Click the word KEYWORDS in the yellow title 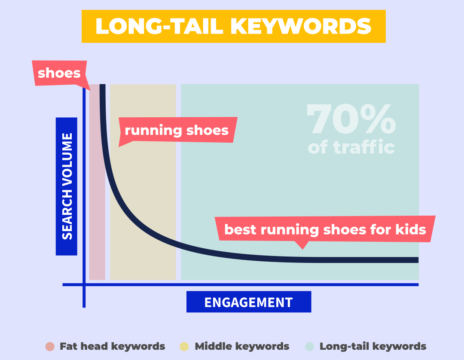point(301,27)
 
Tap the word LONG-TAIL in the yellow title point(159,27)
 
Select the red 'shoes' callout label point(59,73)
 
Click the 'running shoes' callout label point(177,130)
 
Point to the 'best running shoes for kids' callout point(325,229)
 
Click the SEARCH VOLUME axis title point(67,186)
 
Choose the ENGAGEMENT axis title point(248,302)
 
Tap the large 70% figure point(351,120)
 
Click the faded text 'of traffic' point(351,147)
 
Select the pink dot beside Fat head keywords point(50,346)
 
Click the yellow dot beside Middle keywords point(185,346)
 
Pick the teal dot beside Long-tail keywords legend point(310,346)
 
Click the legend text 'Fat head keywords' point(112,346)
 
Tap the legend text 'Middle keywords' point(242,346)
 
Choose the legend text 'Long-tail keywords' point(373,346)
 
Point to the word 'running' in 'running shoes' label point(149,130)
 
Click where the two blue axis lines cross point(84,284)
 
